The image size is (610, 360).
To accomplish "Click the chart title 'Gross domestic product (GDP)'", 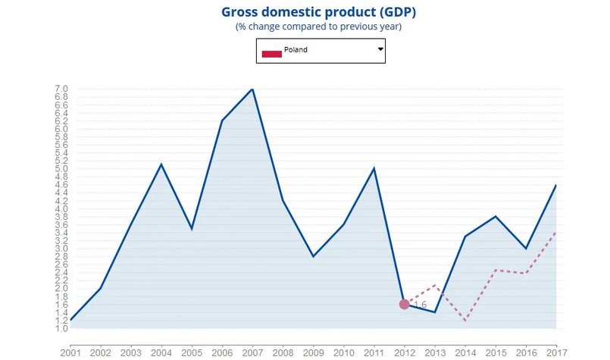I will [x=318, y=12].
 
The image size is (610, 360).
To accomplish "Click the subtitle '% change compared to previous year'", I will [x=318, y=27].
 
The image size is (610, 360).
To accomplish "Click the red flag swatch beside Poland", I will [x=271, y=53].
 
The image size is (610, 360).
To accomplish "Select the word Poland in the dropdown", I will [x=296, y=50].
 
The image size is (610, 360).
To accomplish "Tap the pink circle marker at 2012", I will [x=404, y=304].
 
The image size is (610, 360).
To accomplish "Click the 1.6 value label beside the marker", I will [x=421, y=305].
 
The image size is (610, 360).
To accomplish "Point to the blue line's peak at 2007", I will [x=252, y=89].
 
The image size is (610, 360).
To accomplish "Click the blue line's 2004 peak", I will [x=161, y=164].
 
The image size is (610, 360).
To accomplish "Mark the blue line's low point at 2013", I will [x=434, y=312].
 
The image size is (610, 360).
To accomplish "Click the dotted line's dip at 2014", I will [x=465, y=321].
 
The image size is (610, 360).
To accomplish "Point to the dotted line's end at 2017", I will [x=557, y=233].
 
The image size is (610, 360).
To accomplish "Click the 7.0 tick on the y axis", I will [x=61, y=89].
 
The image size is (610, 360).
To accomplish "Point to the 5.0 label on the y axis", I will [x=61, y=168].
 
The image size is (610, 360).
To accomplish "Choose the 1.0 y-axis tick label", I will [x=61, y=328].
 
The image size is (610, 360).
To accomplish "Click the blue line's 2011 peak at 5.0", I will [x=374, y=168].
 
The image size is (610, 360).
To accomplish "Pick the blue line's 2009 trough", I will [x=313, y=256].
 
